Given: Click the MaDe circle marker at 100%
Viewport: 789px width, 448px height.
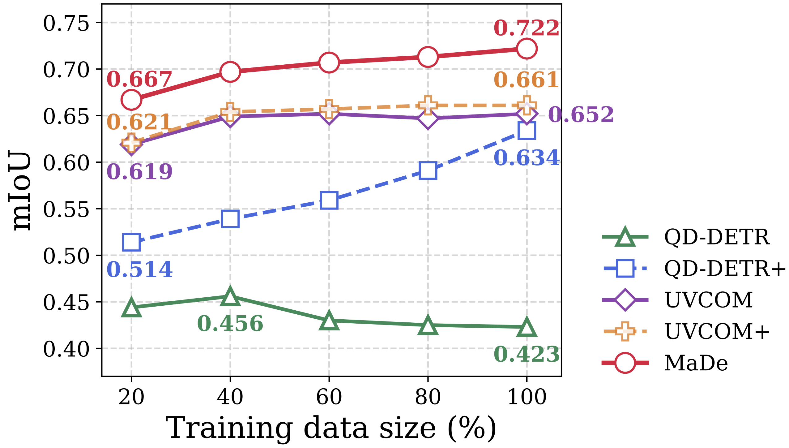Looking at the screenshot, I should pos(527,49).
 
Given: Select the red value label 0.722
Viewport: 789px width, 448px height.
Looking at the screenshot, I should pos(527,28).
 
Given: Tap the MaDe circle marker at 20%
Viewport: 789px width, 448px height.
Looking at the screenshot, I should pos(131,100).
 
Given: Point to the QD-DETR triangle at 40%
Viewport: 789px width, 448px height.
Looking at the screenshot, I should pos(230,296).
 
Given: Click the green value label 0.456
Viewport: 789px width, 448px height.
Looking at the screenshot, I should pos(230,324).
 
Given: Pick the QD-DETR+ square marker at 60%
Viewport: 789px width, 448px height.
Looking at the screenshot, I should pos(329,200).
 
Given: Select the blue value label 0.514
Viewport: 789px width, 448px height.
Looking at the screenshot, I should pos(139,269).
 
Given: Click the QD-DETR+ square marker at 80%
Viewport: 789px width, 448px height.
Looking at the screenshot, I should pos(428,170).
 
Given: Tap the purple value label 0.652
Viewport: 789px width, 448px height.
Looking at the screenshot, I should pos(581,115).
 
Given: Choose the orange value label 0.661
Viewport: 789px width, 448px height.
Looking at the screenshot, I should pos(527,80).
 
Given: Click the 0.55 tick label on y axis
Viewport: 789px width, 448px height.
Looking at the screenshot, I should pos(66,209).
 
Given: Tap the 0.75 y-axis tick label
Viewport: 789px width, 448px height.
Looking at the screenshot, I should pos(66,23).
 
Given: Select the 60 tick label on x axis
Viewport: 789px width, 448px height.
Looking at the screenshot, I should pos(329,397).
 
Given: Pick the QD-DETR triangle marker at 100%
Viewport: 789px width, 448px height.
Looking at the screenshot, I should pos(527,327).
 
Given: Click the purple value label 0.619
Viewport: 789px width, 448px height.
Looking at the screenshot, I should pos(139,172).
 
